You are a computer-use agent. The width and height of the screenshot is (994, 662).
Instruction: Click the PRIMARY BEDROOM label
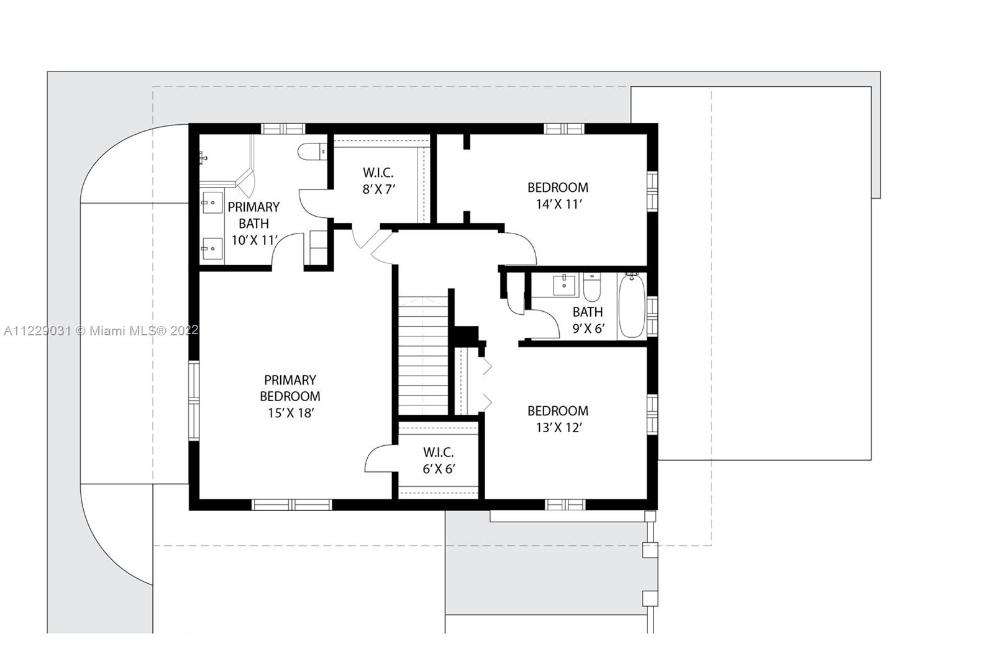pyautogui.click(x=290, y=388)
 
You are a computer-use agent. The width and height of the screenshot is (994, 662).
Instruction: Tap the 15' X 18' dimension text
pyautogui.click(x=291, y=413)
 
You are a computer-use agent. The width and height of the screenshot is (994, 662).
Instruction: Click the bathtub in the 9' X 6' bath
pyautogui.click(x=631, y=306)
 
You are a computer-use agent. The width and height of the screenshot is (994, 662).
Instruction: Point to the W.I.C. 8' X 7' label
pyautogui.click(x=378, y=181)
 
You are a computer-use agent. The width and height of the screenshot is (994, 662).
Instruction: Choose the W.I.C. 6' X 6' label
pyautogui.click(x=439, y=461)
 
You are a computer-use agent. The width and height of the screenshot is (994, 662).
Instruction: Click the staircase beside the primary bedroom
pyautogui.click(x=423, y=356)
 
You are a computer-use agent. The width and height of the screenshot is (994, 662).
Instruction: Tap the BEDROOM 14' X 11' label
pyautogui.click(x=559, y=196)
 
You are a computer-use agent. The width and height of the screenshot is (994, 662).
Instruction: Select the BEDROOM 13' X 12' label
pyautogui.click(x=559, y=419)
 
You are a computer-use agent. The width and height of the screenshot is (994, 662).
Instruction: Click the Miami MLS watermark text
pyautogui.click(x=101, y=330)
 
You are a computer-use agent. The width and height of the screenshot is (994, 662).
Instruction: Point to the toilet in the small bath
pyautogui.click(x=592, y=287)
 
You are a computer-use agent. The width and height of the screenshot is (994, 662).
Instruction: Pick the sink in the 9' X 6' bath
pyautogui.click(x=565, y=285)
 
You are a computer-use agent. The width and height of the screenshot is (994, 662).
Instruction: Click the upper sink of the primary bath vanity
pyautogui.click(x=212, y=203)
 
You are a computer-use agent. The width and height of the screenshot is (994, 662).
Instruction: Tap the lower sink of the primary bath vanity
pyautogui.click(x=212, y=248)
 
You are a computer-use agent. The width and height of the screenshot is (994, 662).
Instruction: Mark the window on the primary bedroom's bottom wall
pyautogui.click(x=291, y=504)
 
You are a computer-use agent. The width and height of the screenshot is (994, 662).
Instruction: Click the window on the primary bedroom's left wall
pyautogui.click(x=194, y=401)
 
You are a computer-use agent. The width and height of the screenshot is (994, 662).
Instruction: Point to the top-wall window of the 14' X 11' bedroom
pyautogui.click(x=564, y=129)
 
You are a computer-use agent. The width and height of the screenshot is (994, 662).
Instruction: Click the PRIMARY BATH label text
pyautogui.click(x=254, y=215)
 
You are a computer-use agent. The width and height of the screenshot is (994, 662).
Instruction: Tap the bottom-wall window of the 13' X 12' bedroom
pyautogui.click(x=565, y=504)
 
